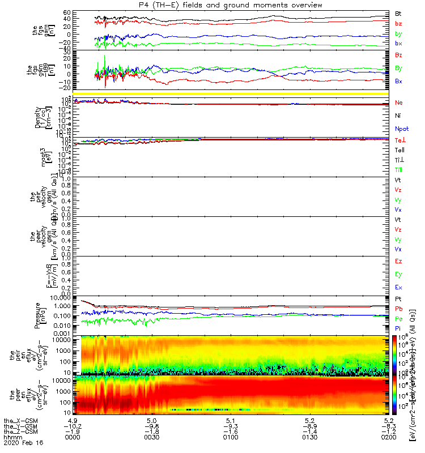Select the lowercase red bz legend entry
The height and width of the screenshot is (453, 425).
tap(398, 23)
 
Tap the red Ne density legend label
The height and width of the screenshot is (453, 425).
tap(398, 102)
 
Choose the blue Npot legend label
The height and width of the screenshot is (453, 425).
tap(401, 129)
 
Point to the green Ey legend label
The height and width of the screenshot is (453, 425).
tap(398, 274)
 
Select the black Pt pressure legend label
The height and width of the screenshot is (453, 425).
tap(398, 298)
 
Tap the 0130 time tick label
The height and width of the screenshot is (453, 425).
tap(309, 438)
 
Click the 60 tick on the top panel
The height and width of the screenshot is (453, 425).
tap(66, 12)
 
